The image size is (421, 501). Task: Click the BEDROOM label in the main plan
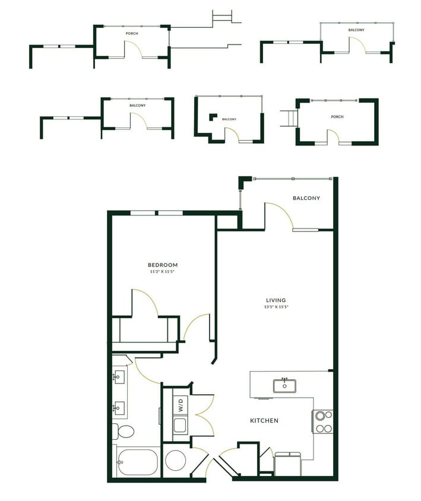pyautogui.click(x=163, y=265)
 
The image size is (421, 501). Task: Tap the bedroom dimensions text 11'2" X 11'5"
pyautogui.click(x=163, y=272)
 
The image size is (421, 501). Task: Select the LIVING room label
pyautogui.click(x=276, y=300)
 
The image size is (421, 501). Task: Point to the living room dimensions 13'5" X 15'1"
pyautogui.click(x=276, y=307)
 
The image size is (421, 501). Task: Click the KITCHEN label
pyautogui.click(x=264, y=421)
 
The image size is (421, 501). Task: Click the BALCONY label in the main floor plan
pyautogui.click(x=306, y=198)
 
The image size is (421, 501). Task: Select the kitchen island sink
pyautogui.click(x=284, y=385)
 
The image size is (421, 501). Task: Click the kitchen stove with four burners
pyautogui.click(x=324, y=421)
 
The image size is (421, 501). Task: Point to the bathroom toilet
pyautogui.click(x=125, y=431)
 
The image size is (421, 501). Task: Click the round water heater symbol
pyautogui.click(x=175, y=460)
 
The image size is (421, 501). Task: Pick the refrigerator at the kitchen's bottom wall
pyautogui.click(x=289, y=463)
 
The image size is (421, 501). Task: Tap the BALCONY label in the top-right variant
pyautogui.click(x=356, y=30)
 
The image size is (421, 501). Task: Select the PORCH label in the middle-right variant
pyautogui.click(x=337, y=117)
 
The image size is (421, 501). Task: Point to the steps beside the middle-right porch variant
pyautogui.click(x=289, y=118)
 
